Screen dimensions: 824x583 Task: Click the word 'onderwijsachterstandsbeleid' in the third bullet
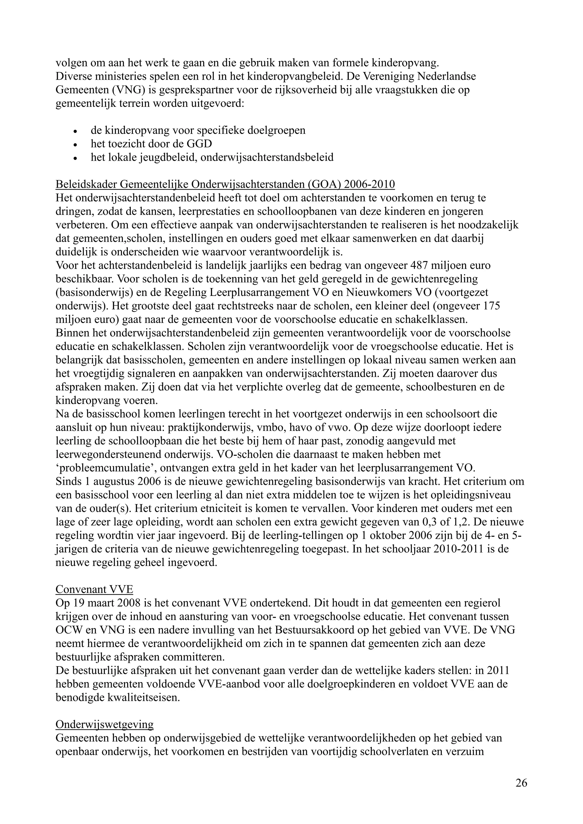267,158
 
